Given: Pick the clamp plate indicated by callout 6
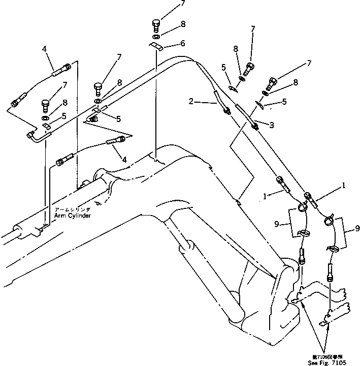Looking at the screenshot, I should [156, 47].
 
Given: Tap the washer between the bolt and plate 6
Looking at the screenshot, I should [156, 37].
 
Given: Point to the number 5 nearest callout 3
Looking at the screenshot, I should [283, 102].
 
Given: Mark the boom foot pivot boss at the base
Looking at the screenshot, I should [287, 275].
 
